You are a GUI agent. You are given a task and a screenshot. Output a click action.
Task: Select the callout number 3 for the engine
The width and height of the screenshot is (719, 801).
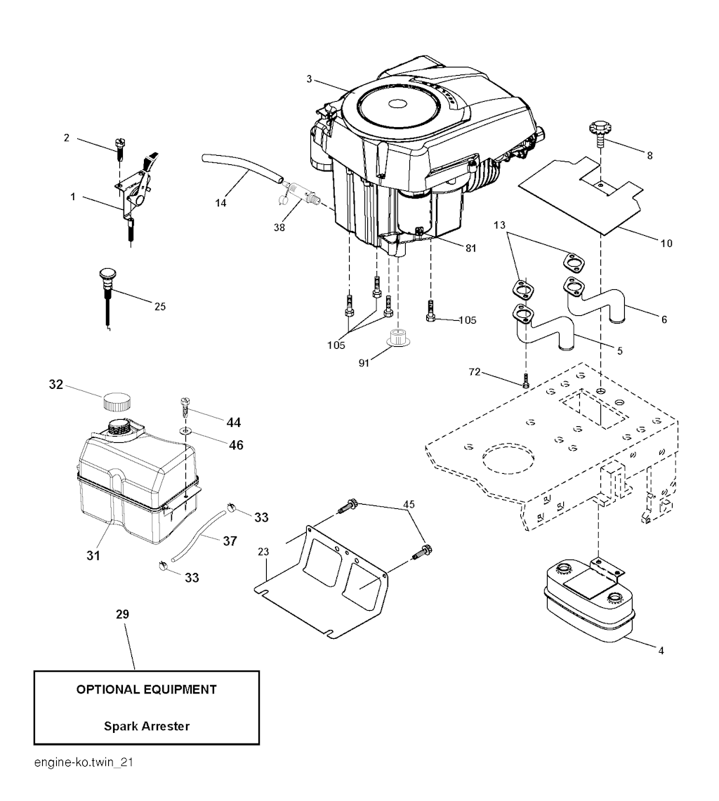(309, 79)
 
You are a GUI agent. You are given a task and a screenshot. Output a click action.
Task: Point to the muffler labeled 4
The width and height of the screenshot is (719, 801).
(588, 602)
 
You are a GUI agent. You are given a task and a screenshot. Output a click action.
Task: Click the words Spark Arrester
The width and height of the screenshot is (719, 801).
(147, 726)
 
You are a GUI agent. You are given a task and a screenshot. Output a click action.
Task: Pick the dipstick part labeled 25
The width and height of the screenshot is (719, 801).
(107, 282)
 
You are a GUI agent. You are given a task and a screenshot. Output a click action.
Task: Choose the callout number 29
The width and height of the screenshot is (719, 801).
(122, 614)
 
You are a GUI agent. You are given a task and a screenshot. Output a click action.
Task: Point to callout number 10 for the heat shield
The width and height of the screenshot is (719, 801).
(666, 244)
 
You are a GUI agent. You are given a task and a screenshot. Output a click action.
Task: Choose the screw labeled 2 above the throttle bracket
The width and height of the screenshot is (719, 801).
(119, 147)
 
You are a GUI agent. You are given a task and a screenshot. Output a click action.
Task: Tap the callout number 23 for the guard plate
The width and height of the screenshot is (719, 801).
(263, 553)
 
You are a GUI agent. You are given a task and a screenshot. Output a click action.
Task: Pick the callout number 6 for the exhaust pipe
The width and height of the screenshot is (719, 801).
(664, 319)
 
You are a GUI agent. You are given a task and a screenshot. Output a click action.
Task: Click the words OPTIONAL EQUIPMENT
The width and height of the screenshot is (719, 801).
(146, 689)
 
